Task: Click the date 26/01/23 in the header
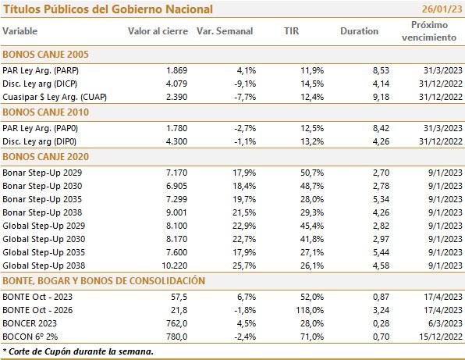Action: tap(442, 9)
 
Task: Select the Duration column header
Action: tap(359, 31)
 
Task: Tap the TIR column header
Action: tap(291, 31)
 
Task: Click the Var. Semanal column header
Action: tap(225, 31)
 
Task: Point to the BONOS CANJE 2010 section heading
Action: tap(46, 112)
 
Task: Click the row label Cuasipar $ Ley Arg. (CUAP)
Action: tap(55, 97)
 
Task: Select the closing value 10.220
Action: tap(175, 266)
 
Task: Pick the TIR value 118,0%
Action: tap(310, 310)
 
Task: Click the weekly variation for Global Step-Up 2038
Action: tap(244, 266)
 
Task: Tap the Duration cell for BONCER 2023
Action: tap(381, 323)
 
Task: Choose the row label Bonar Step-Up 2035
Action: tap(42, 199)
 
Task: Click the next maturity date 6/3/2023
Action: tap(445, 323)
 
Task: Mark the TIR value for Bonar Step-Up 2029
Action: tap(312, 173)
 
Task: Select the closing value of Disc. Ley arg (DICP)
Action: tap(176, 84)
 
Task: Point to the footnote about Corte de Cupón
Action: tap(78, 351)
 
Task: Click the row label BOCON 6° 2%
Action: tap(30, 337)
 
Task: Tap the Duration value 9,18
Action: tap(381, 97)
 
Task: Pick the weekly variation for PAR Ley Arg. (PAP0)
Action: tap(245, 128)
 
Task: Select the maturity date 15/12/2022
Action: tap(441, 337)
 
